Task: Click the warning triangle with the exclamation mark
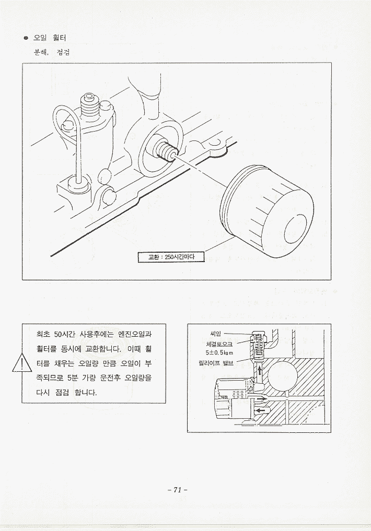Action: click(x=21, y=363)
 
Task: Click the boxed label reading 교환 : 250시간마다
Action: click(x=171, y=257)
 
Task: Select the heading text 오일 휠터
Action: click(x=50, y=38)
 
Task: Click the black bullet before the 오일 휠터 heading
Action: click(x=26, y=38)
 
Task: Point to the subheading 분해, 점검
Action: click(x=52, y=53)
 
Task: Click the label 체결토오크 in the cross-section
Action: click(x=217, y=344)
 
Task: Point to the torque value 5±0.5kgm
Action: click(x=217, y=352)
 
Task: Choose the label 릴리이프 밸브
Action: click(x=216, y=363)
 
